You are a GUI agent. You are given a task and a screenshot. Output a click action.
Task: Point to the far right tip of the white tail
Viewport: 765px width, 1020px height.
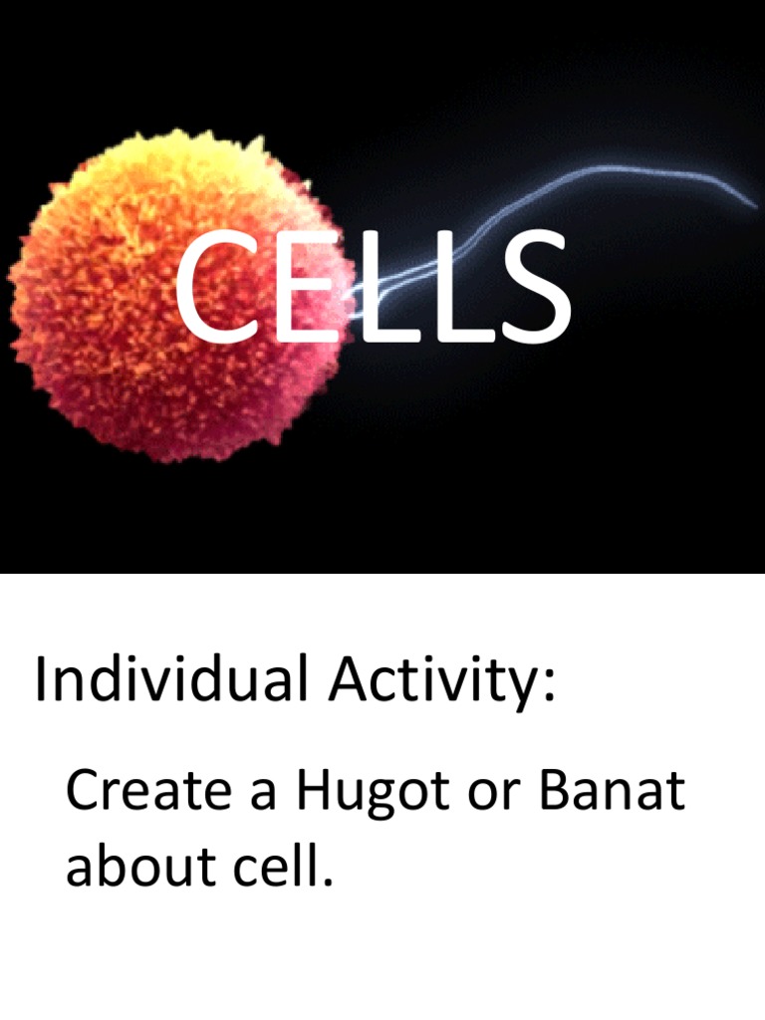point(754,204)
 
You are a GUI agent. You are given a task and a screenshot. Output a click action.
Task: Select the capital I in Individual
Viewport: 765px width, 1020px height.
point(41,680)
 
